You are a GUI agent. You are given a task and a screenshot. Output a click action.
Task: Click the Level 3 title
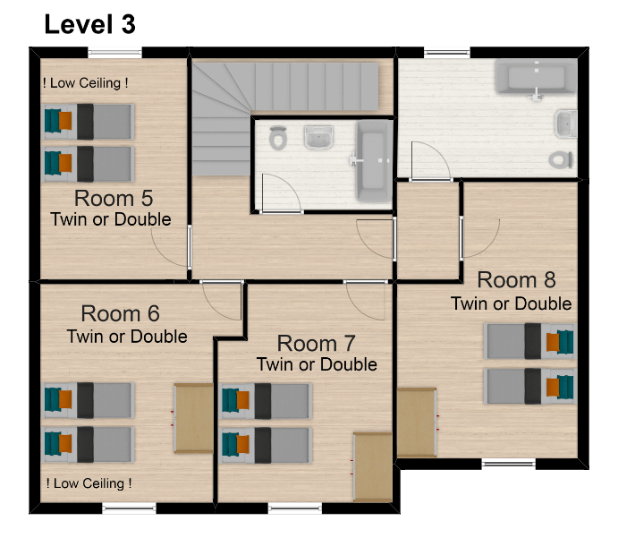[89, 24]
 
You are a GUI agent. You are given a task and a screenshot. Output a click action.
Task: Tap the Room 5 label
[114, 198]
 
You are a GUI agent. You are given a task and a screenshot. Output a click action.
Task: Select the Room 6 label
[120, 313]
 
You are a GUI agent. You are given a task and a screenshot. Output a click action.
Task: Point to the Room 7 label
[316, 343]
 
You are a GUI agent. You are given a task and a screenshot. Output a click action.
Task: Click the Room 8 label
[516, 280]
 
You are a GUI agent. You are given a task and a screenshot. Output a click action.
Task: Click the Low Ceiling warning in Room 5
[86, 83]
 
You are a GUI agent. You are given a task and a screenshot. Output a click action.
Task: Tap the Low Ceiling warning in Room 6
[89, 483]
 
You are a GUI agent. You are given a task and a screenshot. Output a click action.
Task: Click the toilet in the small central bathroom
[278, 138]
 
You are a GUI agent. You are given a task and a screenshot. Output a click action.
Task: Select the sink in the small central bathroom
[318, 137]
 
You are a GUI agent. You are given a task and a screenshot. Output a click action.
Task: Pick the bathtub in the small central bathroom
[374, 161]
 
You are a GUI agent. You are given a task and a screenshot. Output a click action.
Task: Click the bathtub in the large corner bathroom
[535, 76]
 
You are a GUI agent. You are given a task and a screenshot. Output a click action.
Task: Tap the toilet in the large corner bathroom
[561, 160]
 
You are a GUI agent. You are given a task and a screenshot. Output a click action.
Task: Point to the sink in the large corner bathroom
[566, 124]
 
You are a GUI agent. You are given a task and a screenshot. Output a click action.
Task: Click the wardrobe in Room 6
[194, 418]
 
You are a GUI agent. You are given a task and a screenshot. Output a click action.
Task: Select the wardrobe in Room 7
[373, 467]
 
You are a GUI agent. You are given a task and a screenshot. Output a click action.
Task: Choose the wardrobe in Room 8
[417, 423]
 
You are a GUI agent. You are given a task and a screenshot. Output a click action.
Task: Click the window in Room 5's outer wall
[114, 53]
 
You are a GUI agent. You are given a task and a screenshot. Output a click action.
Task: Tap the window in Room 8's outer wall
[508, 463]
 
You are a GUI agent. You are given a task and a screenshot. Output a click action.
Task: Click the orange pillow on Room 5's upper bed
[65, 121]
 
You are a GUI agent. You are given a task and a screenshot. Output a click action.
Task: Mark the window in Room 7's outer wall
[295, 508]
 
